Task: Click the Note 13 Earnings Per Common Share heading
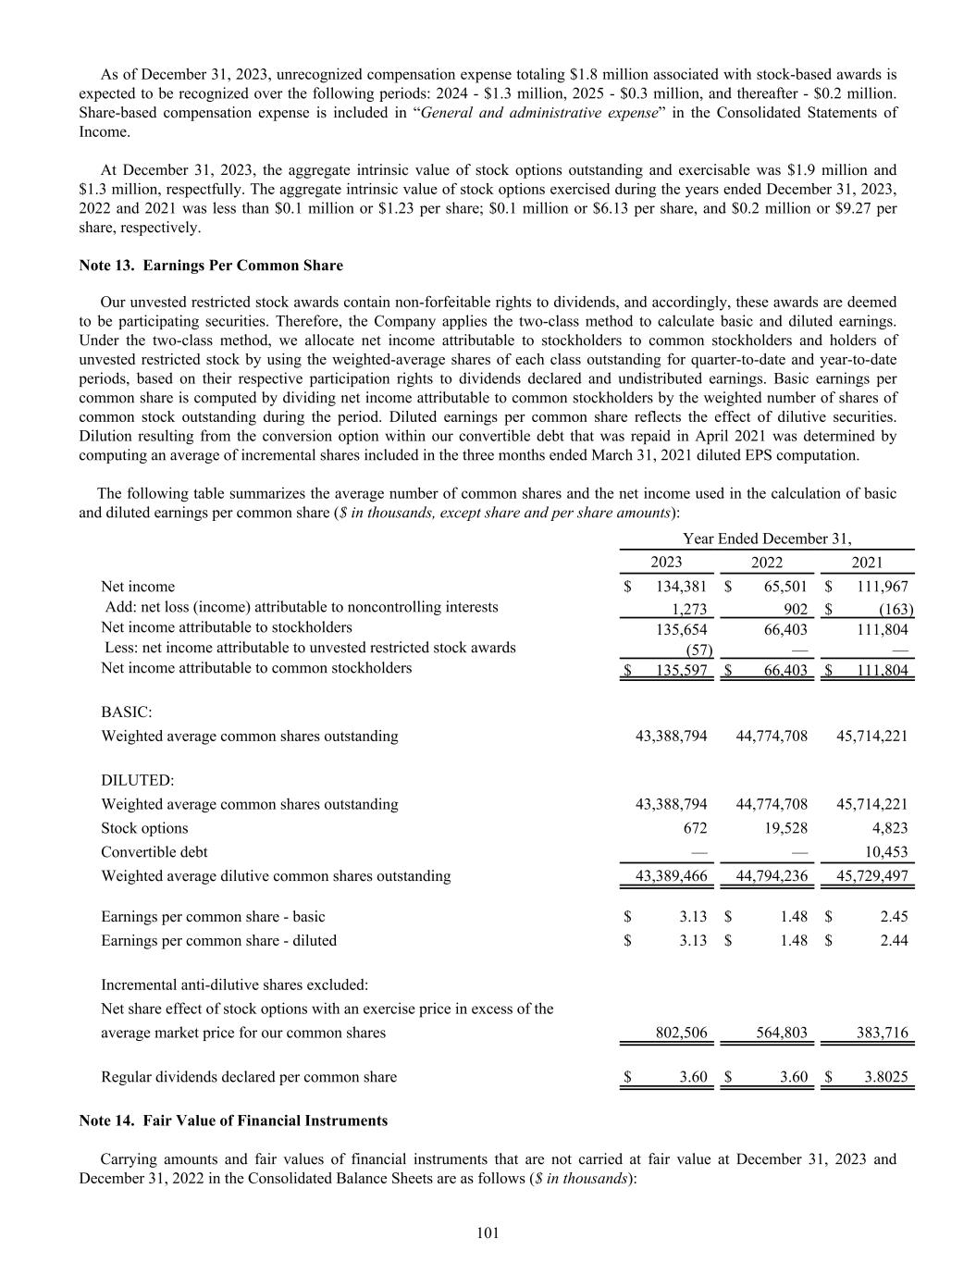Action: (211, 266)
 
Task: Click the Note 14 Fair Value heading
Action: (233, 1121)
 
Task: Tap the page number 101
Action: (488, 1232)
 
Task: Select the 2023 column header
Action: (666, 563)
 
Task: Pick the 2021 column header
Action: (867, 563)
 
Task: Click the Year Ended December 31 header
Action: (766, 539)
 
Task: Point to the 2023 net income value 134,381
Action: (680, 587)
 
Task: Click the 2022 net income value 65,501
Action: (785, 587)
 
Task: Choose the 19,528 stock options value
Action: (785, 828)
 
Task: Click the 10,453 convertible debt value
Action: (884, 852)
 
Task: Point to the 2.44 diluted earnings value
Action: (894, 941)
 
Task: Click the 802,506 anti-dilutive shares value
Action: (681, 1033)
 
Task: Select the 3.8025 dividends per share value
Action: (887, 1077)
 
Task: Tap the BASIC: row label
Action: (127, 712)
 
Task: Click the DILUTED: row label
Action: (137, 781)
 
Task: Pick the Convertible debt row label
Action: (154, 852)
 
